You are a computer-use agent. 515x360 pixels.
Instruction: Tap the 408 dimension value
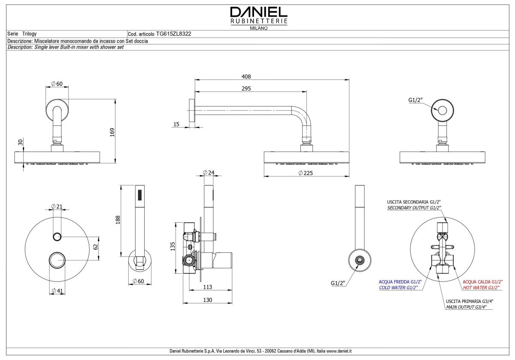[246, 76]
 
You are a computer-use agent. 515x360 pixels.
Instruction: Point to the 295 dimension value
[246, 88]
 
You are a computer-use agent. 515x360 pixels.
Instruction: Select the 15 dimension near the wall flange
[176, 124]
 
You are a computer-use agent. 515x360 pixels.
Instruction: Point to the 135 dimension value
[172, 246]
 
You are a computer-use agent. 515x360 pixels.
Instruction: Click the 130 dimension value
[208, 300]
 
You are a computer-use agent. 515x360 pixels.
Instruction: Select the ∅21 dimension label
[57, 206]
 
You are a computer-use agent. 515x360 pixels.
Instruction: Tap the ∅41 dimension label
[57, 291]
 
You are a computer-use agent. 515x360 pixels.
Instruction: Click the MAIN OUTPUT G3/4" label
[470, 307]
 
